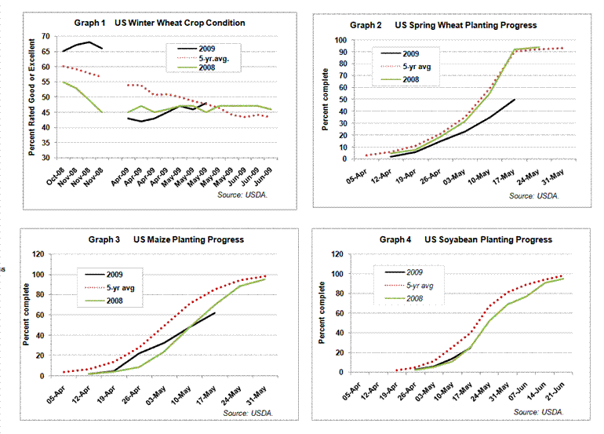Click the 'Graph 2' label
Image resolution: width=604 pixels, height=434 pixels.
366,25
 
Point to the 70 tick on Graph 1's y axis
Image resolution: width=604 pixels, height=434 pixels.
45,36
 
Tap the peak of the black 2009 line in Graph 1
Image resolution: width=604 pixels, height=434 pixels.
89,42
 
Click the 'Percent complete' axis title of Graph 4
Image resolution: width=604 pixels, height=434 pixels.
322,314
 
